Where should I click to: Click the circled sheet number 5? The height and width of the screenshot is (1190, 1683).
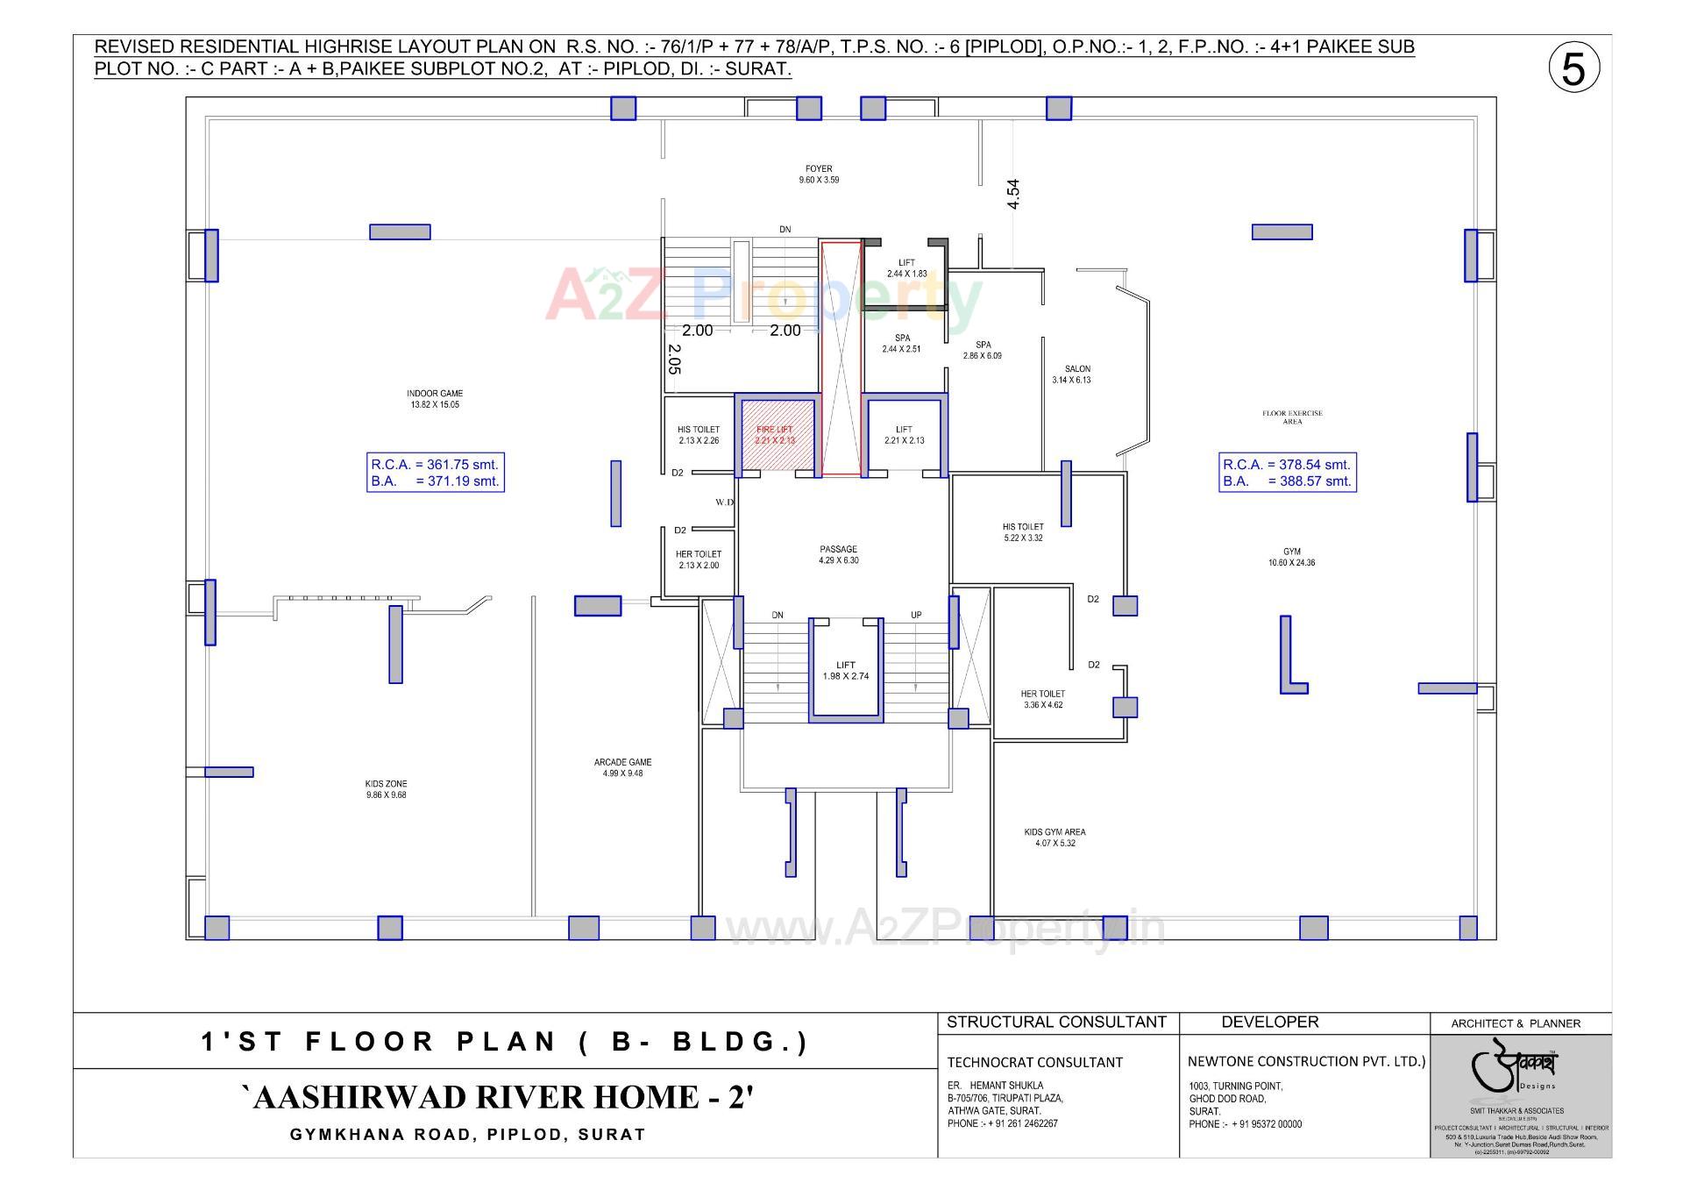click(1573, 69)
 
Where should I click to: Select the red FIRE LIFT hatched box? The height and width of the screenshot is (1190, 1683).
click(776, 435)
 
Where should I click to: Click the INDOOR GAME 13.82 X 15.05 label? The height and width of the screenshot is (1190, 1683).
click(435, 399)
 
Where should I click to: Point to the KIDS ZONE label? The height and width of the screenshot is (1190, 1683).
click(386, 789)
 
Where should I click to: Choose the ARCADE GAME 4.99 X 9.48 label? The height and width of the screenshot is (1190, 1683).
click(622, 768)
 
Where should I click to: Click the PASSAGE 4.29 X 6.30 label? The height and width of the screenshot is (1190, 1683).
click(838, 554)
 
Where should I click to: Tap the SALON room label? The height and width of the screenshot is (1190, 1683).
click(1077, 374)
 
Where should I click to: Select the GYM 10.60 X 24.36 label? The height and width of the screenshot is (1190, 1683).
click(1291, 557)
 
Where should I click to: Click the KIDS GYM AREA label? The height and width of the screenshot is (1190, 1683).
click(1055, 837)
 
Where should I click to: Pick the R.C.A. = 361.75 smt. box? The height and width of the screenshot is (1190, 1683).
click(435, 473)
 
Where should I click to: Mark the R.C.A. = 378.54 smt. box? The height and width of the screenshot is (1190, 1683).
click(1287, 473)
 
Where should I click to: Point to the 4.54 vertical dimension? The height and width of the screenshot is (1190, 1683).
click(1013, 194)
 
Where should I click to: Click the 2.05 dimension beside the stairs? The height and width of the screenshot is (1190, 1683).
click(674, 359)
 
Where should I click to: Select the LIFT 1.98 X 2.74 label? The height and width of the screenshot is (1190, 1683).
click(845, 671)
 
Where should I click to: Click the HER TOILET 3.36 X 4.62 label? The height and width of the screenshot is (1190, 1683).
click(1042, 699)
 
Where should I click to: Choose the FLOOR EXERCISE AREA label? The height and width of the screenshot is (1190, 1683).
click(1292, 417)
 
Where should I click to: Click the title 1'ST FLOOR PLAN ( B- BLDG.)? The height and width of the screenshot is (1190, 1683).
click(505, 1042)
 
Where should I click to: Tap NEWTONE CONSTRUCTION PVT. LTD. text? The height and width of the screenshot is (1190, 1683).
click(1306, 1061)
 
